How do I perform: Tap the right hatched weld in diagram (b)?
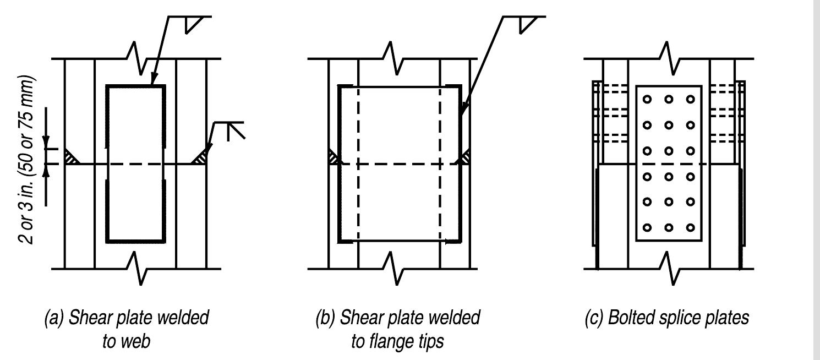point(465,157)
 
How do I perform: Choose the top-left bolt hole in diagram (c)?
point(648,99)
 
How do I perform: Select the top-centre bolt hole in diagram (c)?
point(669,99)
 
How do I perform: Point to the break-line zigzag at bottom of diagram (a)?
point(137,268)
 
